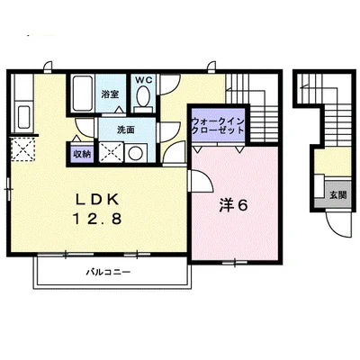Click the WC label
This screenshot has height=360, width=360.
[x=145, y=80]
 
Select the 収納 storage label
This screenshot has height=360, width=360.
[x=81, y=154]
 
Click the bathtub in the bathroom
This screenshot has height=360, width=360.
[x=82, y=93]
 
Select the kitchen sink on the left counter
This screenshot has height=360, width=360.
[x=24, y=116]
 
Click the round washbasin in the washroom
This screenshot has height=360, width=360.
[x=133, y=152]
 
